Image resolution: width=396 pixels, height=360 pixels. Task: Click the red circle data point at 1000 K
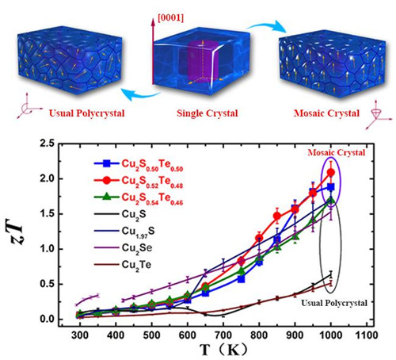[330, 173]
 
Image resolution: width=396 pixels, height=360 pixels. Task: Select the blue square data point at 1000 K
[330, 187]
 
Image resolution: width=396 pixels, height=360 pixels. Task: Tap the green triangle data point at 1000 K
[330, 201]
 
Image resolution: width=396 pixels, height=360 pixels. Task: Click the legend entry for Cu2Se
[123, 248]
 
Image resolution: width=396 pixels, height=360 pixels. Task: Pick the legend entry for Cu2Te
[123, 265]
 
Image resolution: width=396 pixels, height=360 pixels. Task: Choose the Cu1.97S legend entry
[124, 232]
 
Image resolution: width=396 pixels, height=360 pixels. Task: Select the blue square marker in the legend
[106, 163]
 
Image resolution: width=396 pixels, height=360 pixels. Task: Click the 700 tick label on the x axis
[223, 335]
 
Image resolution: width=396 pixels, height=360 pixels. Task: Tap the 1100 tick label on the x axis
[366, 335]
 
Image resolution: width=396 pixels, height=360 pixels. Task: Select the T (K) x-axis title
[223, 350]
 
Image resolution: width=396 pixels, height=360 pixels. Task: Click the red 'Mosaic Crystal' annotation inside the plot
[337, 152]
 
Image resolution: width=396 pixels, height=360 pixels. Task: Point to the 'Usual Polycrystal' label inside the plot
[334, 303]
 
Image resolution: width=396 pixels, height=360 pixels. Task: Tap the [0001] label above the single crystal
[170, 18]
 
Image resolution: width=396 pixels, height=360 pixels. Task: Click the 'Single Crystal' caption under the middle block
[208, 113]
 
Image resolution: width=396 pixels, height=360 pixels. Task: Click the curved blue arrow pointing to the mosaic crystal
[267, 25]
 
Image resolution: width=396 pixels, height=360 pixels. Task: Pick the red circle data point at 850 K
[277, 216]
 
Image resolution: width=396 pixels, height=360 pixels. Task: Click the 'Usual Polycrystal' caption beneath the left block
[86, 113]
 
